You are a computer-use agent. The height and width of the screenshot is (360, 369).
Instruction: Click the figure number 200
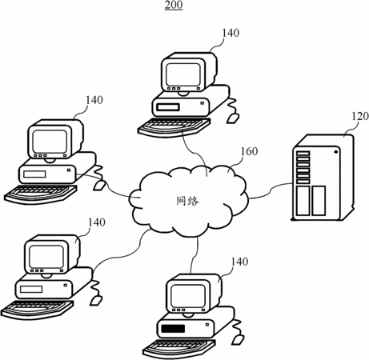(x=174, y=5)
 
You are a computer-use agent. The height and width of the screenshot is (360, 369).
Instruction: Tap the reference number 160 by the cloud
(x=249, y=151)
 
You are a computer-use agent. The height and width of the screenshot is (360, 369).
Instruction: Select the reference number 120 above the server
(x=360, y=116)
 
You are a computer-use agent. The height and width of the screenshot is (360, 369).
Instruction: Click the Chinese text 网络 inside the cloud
(x=187, y=201)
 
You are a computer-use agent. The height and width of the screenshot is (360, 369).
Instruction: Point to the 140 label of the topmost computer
(x=231, y=33)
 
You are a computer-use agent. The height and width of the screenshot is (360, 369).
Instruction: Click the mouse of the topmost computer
(x=233, y=118)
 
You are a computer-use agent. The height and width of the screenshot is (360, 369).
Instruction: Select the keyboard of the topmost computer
(x=174, y=127)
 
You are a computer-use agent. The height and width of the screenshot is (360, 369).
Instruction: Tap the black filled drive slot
(x=173, y=329)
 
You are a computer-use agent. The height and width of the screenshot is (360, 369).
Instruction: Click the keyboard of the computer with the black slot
(x=178, y=348)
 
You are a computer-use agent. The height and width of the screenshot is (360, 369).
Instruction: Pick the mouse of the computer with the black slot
(x=238, y=339)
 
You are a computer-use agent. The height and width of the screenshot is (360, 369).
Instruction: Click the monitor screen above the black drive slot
(x=188, y=295)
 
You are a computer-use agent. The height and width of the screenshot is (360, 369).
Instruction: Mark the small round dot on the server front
(x=335, y=152)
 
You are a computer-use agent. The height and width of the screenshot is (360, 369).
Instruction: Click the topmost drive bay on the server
(x=303, y=154)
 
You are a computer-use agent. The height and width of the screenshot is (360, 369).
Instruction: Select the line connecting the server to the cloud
(x=270, y=191)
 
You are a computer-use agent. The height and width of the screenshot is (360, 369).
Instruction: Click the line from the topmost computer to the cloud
(x=196, y=152)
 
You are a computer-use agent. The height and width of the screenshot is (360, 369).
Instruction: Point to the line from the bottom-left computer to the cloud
(x=120, y=255)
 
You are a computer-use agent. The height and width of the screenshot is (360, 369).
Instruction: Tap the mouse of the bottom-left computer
(x=96, y=301)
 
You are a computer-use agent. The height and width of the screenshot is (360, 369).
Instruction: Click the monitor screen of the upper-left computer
(x=50, y=142)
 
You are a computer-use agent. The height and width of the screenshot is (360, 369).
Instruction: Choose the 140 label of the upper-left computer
(x=94, y=100)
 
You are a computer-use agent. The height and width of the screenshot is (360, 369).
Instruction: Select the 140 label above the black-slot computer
(x=239, y=262)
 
